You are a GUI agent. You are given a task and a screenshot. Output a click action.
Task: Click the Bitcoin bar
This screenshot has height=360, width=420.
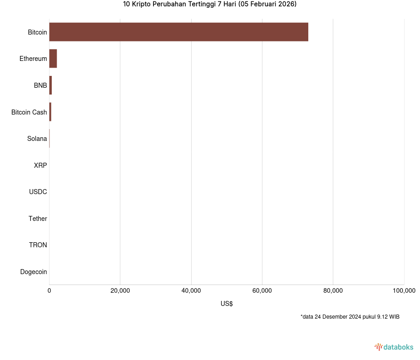point(178,32)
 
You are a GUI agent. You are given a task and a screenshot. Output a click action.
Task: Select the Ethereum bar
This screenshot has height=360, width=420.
point(53,59)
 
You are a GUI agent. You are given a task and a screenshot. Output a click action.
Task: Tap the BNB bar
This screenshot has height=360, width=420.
point(50,85)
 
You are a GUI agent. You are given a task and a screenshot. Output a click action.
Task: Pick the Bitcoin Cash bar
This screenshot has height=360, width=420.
point(50,112)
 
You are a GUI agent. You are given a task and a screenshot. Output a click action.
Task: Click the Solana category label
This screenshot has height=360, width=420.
point(37,139)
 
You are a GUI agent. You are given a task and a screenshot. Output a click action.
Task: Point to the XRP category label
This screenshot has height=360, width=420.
point(40,165)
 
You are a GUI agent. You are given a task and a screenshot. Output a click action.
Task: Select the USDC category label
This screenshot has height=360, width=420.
point(38,192)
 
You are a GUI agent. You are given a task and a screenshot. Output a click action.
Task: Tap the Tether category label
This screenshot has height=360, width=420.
point(38,219)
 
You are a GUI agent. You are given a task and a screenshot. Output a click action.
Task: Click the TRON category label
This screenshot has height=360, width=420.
point(38,245)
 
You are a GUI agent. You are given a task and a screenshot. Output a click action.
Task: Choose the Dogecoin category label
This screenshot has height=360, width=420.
point(34,272)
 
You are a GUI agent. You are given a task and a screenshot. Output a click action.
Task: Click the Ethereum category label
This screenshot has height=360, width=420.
point(33,59)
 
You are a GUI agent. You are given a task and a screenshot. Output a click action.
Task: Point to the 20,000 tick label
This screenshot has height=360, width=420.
point(120,291)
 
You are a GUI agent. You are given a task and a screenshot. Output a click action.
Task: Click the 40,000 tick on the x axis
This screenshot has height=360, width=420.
point(191,291)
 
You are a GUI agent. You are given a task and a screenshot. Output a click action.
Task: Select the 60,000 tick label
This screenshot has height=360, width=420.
point(262,291)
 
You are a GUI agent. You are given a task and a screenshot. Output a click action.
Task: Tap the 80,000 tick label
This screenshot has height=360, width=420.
point(333,291)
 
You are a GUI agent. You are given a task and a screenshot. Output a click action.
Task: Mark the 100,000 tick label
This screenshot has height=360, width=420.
point(404,291)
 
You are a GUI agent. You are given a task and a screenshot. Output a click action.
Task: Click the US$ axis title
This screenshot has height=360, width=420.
point(227,304)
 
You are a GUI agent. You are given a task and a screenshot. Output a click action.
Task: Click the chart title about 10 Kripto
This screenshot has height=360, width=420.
point(210,5)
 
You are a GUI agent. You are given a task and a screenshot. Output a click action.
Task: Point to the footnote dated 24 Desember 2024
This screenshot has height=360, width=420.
point(350,317)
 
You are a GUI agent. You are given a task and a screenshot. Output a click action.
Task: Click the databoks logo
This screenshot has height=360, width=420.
point(394,347)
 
